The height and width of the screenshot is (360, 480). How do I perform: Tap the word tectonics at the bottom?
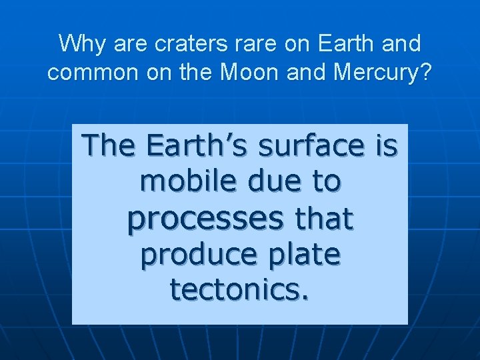pyautogui.click(x=235, y=290)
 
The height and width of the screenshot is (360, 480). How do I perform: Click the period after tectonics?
pyautogui.click(x=305, y=297)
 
